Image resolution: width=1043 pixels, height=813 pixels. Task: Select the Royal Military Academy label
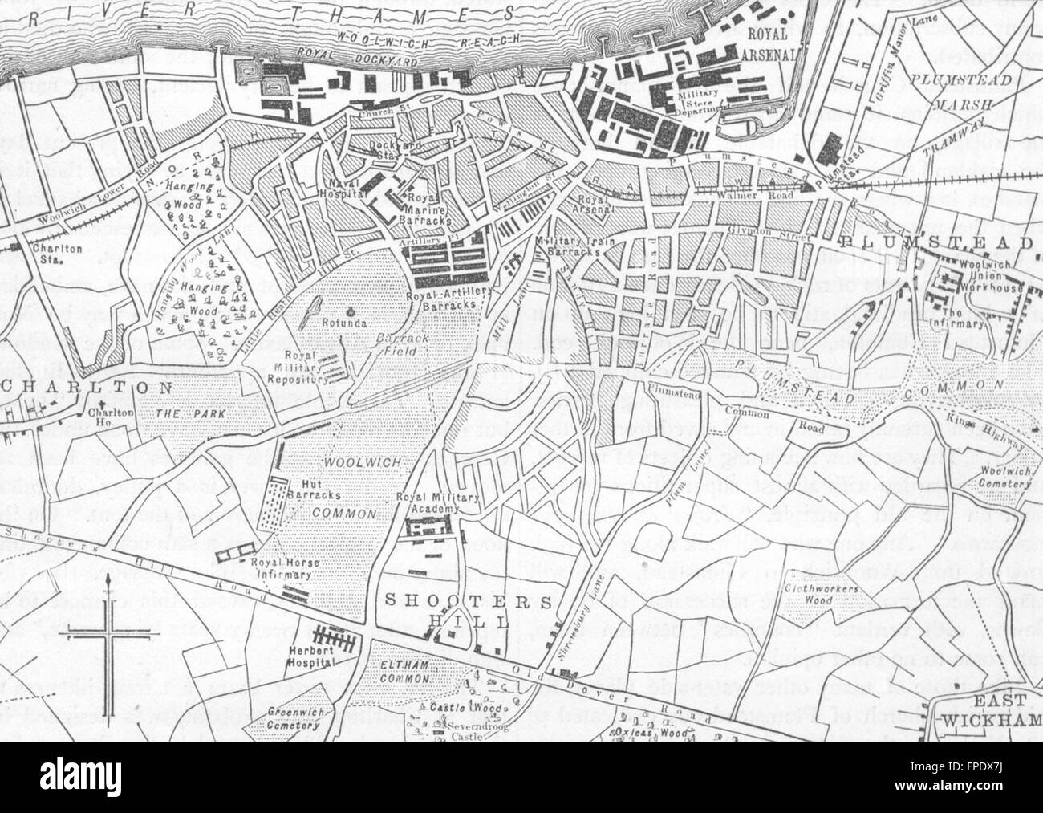coord(437,502)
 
